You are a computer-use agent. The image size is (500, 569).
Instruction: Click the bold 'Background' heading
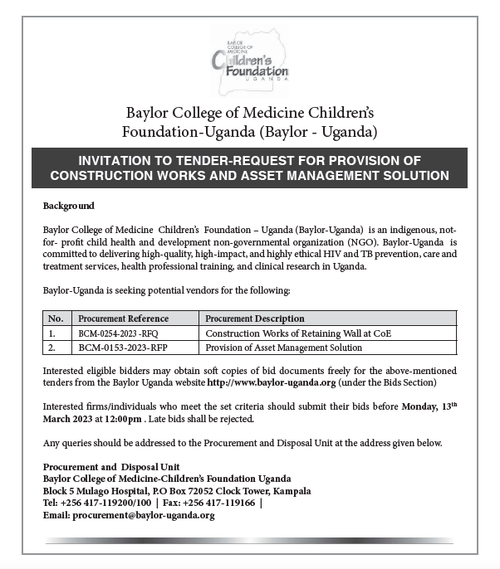[68, 206]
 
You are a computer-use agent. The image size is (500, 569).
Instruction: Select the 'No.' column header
[56, 319]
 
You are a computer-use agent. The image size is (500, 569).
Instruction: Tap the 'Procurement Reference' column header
[123, 319]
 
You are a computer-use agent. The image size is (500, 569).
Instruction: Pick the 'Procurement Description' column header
[252, 319]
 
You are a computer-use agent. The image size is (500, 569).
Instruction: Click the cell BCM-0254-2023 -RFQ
[118, 333]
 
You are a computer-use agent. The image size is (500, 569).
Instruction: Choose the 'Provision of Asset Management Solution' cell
[283, 348]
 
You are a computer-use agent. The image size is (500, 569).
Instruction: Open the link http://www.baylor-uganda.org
[271, 382]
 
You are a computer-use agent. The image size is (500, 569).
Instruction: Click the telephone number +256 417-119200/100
[105, 503]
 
